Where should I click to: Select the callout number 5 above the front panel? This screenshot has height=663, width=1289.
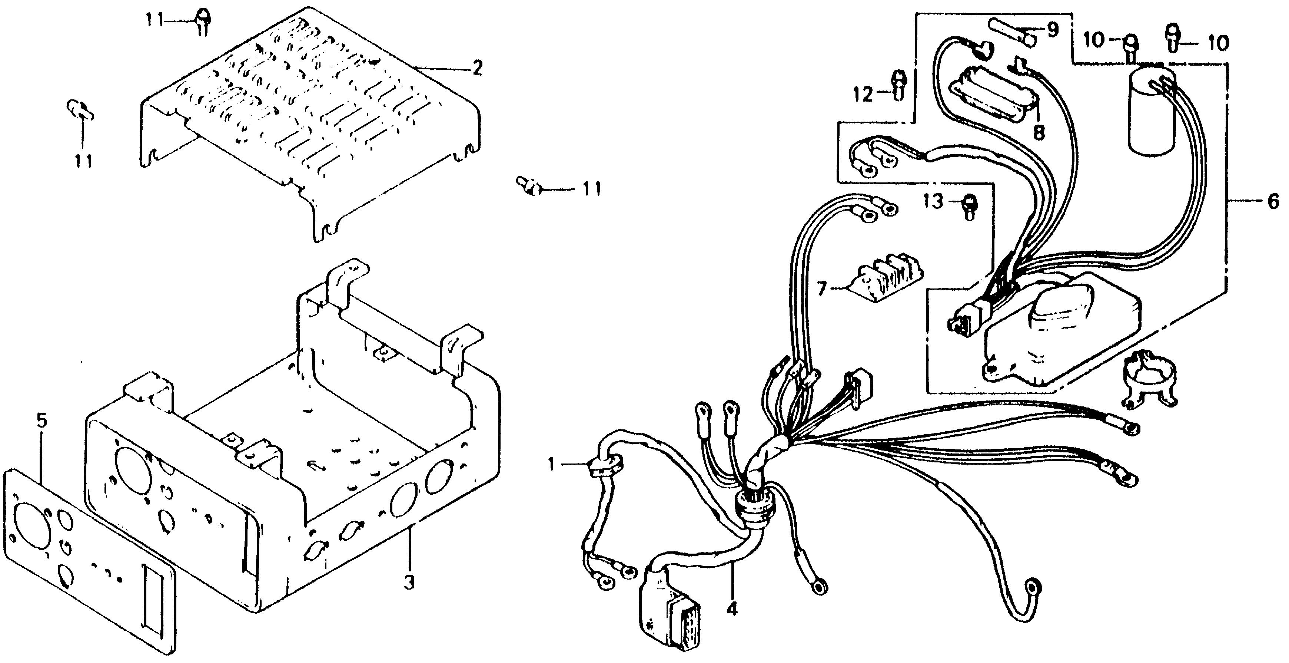[41, 421]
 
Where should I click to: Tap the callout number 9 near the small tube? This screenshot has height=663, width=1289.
[1052, 30]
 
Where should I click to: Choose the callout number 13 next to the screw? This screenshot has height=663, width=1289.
[933, 202]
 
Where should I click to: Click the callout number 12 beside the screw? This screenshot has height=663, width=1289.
[863, 94]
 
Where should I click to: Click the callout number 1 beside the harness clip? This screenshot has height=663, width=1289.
[551, 465]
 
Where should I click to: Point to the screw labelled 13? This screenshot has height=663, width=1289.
[969, 206]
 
